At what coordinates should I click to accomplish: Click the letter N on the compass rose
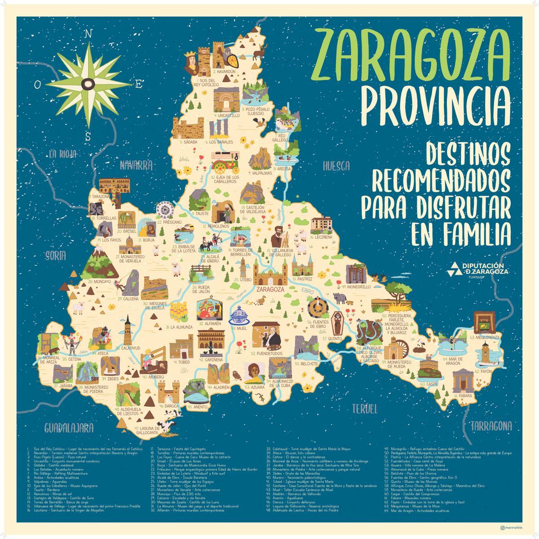pyautogui.click(x=88, y=34)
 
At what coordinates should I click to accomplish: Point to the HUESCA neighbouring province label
pyautogui.click(x=336, y=166)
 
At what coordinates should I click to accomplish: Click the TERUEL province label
pyautogui.click(x=363, y=408)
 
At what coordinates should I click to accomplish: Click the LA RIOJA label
pyautogui.click(x=63, y=154)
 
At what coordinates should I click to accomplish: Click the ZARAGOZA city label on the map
pyautogui.click(x=270, y=290)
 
